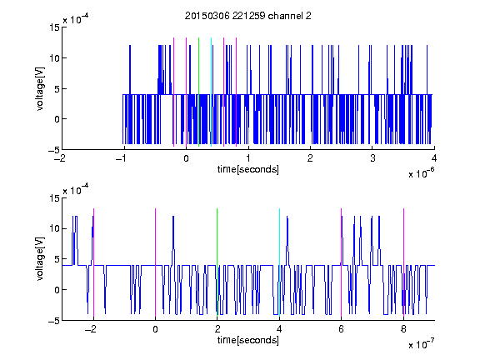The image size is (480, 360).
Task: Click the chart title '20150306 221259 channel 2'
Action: pyautogui.click(x=248, y=16)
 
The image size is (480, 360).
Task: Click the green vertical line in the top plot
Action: pyautogui.click(x=198, y=92)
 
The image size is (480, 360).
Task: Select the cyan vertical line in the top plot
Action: pyautogui.click(x=211, y=92)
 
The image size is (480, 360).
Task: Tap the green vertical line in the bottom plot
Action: pyautogui.click(x=217, y=262)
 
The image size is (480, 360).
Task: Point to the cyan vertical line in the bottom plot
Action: pyautogui.click(x=279, y=262)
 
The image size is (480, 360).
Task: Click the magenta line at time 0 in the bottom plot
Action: pyautogui.click(x=155, y=262)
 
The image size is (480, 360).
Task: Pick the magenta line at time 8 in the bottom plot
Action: pyautogui.click(x=403, y=262)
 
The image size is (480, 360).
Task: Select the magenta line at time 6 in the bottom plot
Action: pyautogui.click(x=342, y=262)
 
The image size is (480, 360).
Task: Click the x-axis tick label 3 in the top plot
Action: pyautogui.click(x=372, y=158)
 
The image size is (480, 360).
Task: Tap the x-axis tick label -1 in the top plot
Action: pyautogui.click(x=122, y=158)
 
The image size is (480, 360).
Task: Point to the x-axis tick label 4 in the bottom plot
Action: pyautogui.click(x=279, y=329)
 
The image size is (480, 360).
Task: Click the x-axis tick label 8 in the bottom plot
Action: pyautogui.click(x=403, y=329)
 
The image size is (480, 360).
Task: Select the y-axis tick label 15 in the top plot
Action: pyautogui.click(x=54, y=27)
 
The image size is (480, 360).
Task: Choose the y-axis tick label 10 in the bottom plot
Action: pyautogui.click(x=54, y=228)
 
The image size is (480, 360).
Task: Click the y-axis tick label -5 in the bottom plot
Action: pyautogui.click(x=54, y=321)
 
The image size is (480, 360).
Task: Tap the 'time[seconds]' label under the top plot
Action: pyautogui.click(x=248, y=169)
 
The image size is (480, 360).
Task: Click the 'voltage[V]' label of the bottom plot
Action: pyautogui.click(x=40, y=259)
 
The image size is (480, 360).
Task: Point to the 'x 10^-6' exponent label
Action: pyautogui.click(x=421, y=173)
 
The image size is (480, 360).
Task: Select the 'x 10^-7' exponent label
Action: pyautogui.click(x=421, y=344)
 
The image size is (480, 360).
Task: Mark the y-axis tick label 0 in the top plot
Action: pyautogui.click(x=57, y=119)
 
